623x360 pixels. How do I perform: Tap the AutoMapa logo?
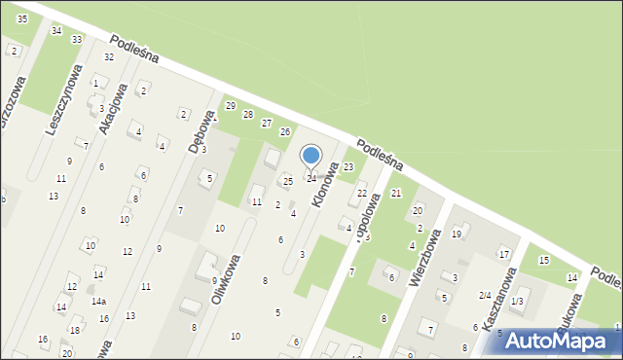point(562,341)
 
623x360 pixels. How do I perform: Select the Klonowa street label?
point(326,184)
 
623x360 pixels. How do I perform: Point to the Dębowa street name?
point(201,130)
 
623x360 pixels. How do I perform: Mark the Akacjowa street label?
point(112,109)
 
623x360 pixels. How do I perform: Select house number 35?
point(22,19)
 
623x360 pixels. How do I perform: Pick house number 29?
point(231,105)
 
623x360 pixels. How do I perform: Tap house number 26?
point(285,131)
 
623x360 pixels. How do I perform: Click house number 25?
point(287,181)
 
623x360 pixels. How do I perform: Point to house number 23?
point(348,167)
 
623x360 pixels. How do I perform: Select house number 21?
point(396,194)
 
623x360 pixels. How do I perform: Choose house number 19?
point(456,234)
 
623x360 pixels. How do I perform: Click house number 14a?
point(99,302)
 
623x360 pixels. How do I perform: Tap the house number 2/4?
point(484,295)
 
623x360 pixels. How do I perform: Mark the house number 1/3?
point(517,302)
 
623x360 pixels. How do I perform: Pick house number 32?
point(109,57)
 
